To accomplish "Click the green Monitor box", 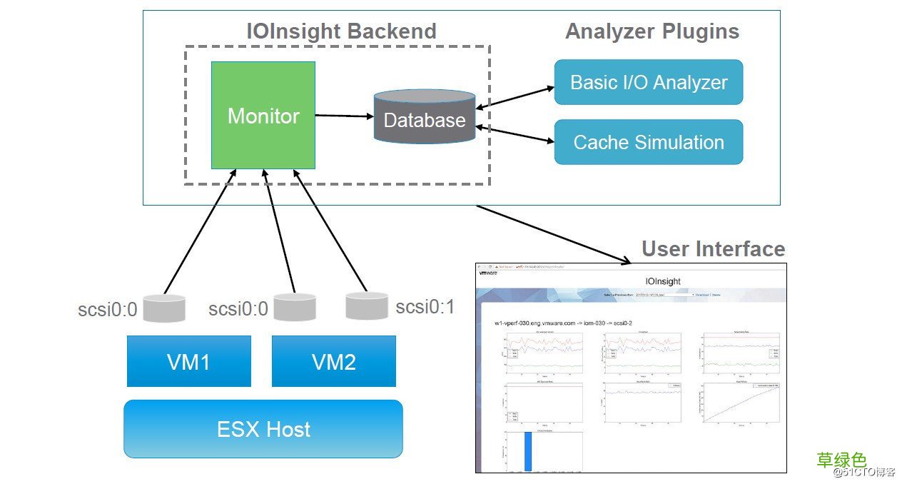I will click(x=263, y=116).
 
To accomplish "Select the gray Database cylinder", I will click(x=425, y=118).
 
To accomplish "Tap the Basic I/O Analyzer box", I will click(x=648, y=82).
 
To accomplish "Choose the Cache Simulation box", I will click(x=648, y=142).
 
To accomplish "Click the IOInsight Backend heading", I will click(x=341, y=31).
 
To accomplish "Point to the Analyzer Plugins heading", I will click(x=652, y=31).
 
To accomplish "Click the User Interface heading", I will click(x=713, y=248).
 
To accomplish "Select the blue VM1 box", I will click(x=188, y=361).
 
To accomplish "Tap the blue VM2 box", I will click(x=333, y=361).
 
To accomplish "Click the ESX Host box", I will click(x=263, y=429).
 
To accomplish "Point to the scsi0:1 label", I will click(x=425, y=307).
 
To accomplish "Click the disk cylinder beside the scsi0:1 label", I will click(x=367, y=306).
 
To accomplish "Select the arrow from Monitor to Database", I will click(x=345, y=116).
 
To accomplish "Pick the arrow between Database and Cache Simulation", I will click(x=515, y=135).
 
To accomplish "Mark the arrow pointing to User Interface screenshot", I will click(x=549, y=233).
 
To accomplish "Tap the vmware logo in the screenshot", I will click(x=487, y=273).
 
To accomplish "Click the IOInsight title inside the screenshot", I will click(x=663, y=281).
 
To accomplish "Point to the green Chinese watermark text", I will click(x=841, y=459).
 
